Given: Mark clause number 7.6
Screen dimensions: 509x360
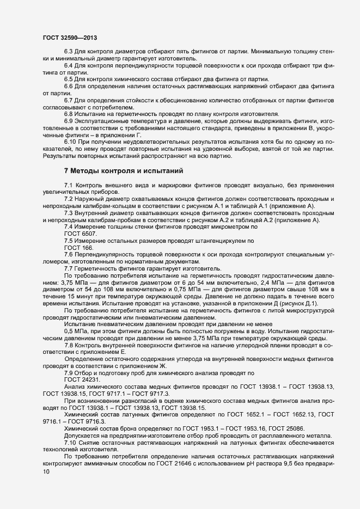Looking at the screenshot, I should tap(69, 255).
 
